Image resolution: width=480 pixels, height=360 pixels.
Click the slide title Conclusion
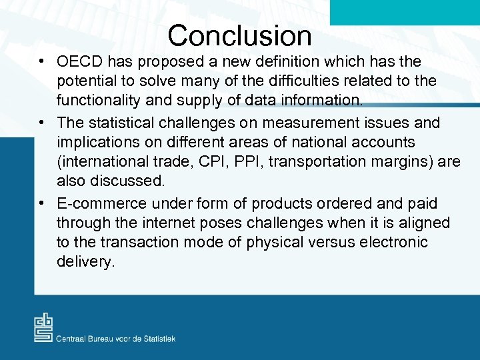coord(239,35)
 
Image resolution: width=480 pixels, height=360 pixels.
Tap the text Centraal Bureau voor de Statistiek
coord(116,339)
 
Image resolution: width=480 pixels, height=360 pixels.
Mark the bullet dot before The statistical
coord(42,123)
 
